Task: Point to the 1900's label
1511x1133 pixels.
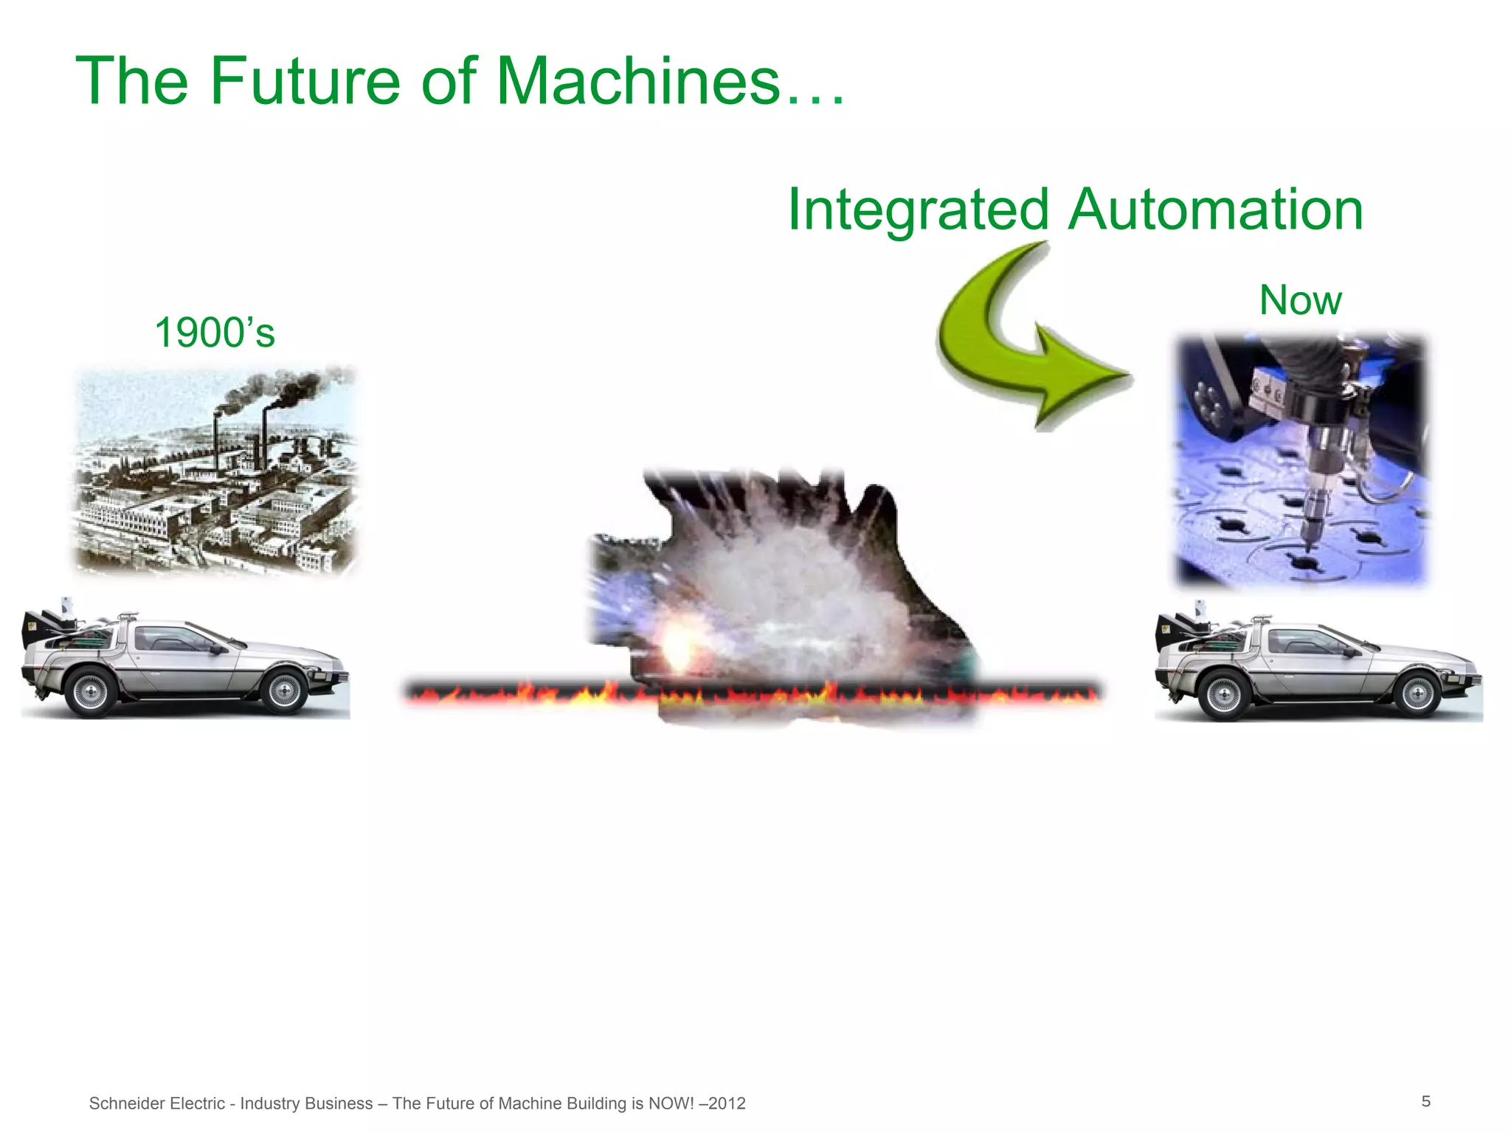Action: pyautogui.click(x=214, y=333)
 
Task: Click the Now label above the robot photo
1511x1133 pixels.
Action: pyautogui.click(x=1300, y=300)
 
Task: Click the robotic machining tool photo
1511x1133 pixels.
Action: pyautogui.click(x=1301, y=461)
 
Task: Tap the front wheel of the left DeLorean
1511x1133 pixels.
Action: pyautogui.click(x=284, y=690)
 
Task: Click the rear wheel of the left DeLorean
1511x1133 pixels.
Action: pyautogui.click(x=90, y=691)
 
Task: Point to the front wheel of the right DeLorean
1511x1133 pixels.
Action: pyautogui.click(x=1417, y=693)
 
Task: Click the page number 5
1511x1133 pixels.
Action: pyautogui.click(x=1425, y=1101)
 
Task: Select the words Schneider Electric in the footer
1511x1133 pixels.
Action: pyautogui.click(x=156, y=1103)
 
